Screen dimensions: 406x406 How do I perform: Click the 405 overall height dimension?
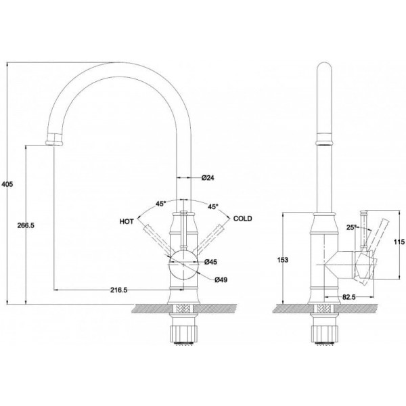pos(7,184)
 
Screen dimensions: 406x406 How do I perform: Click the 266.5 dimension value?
pos(26,225)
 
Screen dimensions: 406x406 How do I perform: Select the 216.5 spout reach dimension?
pos(119,290)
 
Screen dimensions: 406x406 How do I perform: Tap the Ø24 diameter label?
pos(208,177)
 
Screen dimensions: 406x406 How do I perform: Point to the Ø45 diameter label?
pos(210,262)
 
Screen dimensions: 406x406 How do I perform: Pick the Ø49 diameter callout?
pos(221,279)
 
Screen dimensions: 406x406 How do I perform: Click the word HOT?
pos(127,221)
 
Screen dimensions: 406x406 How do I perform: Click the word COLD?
pos(243,219)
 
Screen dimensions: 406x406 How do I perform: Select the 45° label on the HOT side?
pos(160,204)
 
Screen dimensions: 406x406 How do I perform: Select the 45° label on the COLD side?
pos(213,206)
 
